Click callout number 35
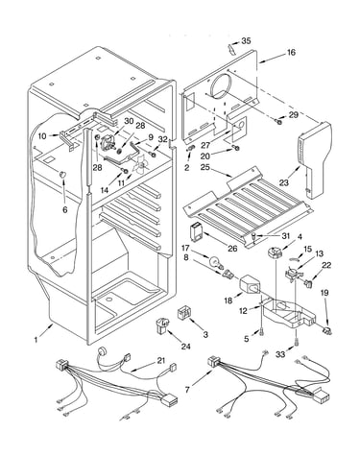pyautogui.click(x=246, y=41)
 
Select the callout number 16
pyautogui.click(x=291, y=52)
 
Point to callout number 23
pyautogui.click(x=284, y=182)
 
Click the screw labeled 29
pyautogui.click(x=278, y=121)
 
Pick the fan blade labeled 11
pyautogui.click(x=141, y=165)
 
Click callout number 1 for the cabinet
pyautogui.click(x=36, y=340)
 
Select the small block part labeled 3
pyautogui.click(x=183, y=313)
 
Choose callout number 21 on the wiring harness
pyautogui.click(x=161, y=361)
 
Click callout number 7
pyautogui.click(x=188, y=390)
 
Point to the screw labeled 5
pyautogui.click(x=262, y=332)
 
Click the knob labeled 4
pyautogui.click(x=274, y=252)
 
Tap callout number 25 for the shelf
pyautogui.click(x=206, y=167)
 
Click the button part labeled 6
pyautogui.click(x=62, y=175)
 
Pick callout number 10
pyautogui.click(x=42, y=136)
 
